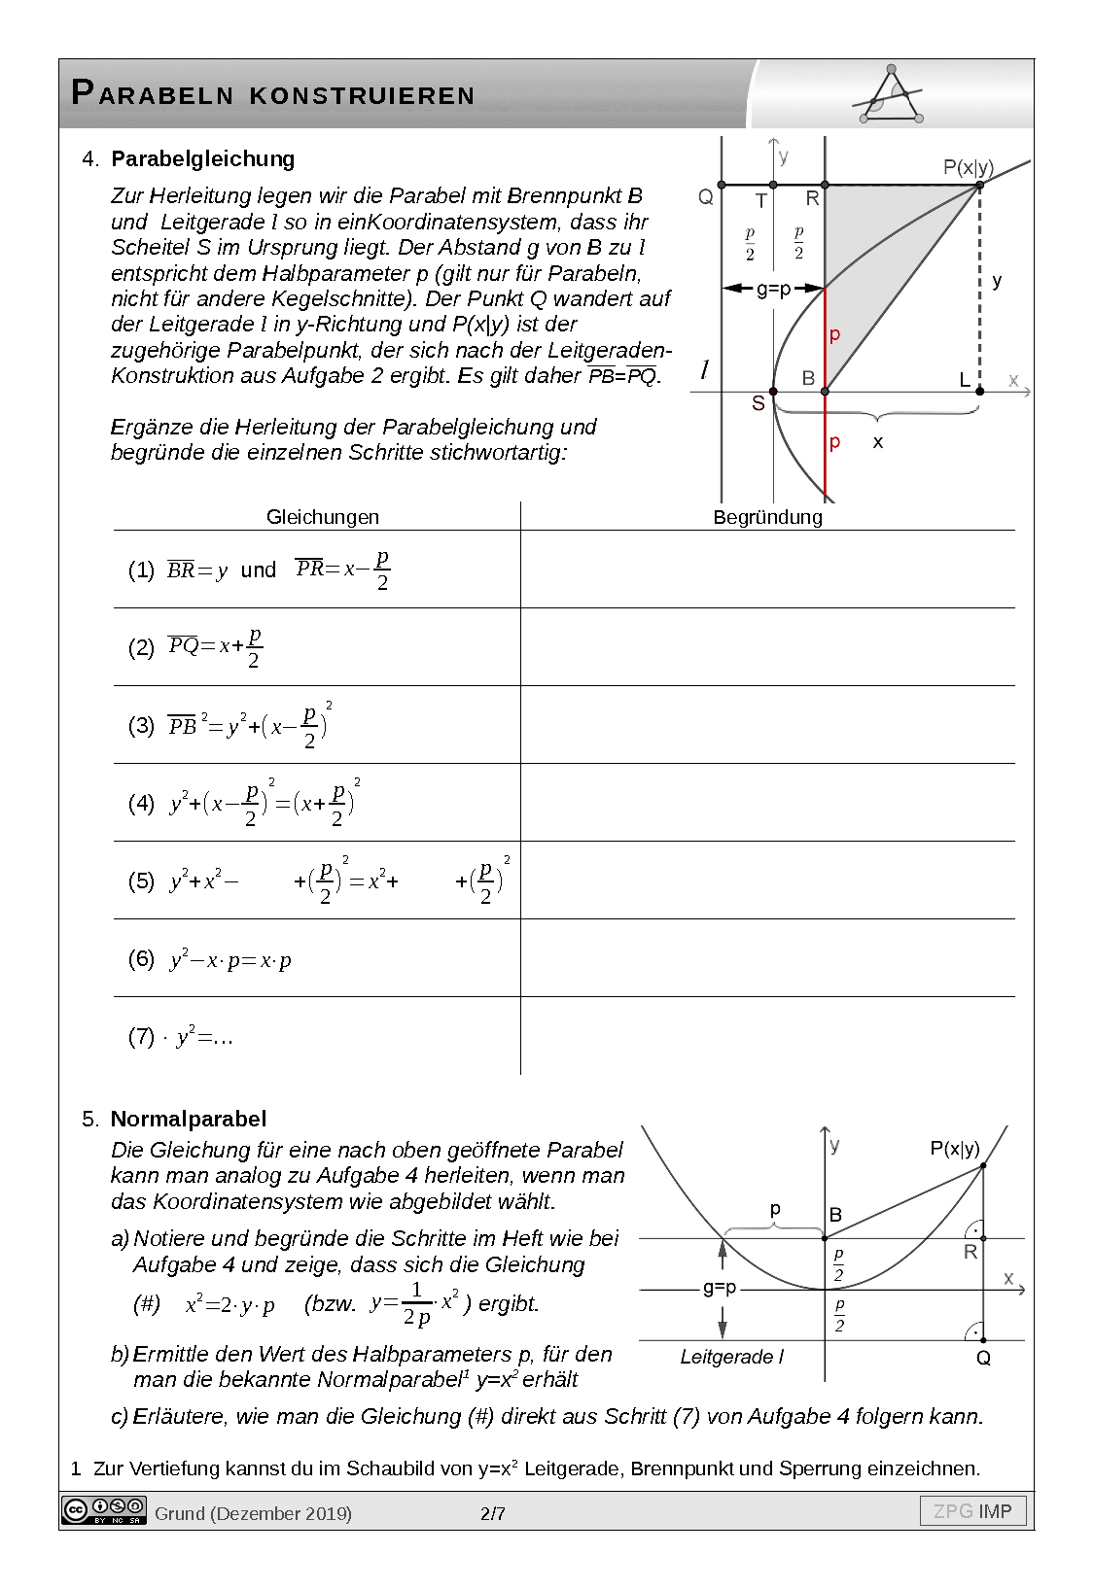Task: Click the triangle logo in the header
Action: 892,96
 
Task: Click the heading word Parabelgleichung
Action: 202,158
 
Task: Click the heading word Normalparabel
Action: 188,1119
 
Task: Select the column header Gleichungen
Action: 323,517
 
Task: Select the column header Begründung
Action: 767,517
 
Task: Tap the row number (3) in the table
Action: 141,725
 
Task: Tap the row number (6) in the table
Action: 141,958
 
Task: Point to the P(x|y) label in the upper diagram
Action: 968,167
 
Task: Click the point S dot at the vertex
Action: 773,392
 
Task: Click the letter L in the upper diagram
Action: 965,380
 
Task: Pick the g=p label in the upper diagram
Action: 773,289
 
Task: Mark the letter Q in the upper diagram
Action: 706,198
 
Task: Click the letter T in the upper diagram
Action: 761,200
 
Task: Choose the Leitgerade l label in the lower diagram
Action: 731,1357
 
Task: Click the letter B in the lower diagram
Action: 835,1215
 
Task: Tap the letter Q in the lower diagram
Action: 983,1359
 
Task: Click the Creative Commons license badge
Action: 103,1510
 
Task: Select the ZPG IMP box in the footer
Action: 972,1511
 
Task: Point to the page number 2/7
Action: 493,1513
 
